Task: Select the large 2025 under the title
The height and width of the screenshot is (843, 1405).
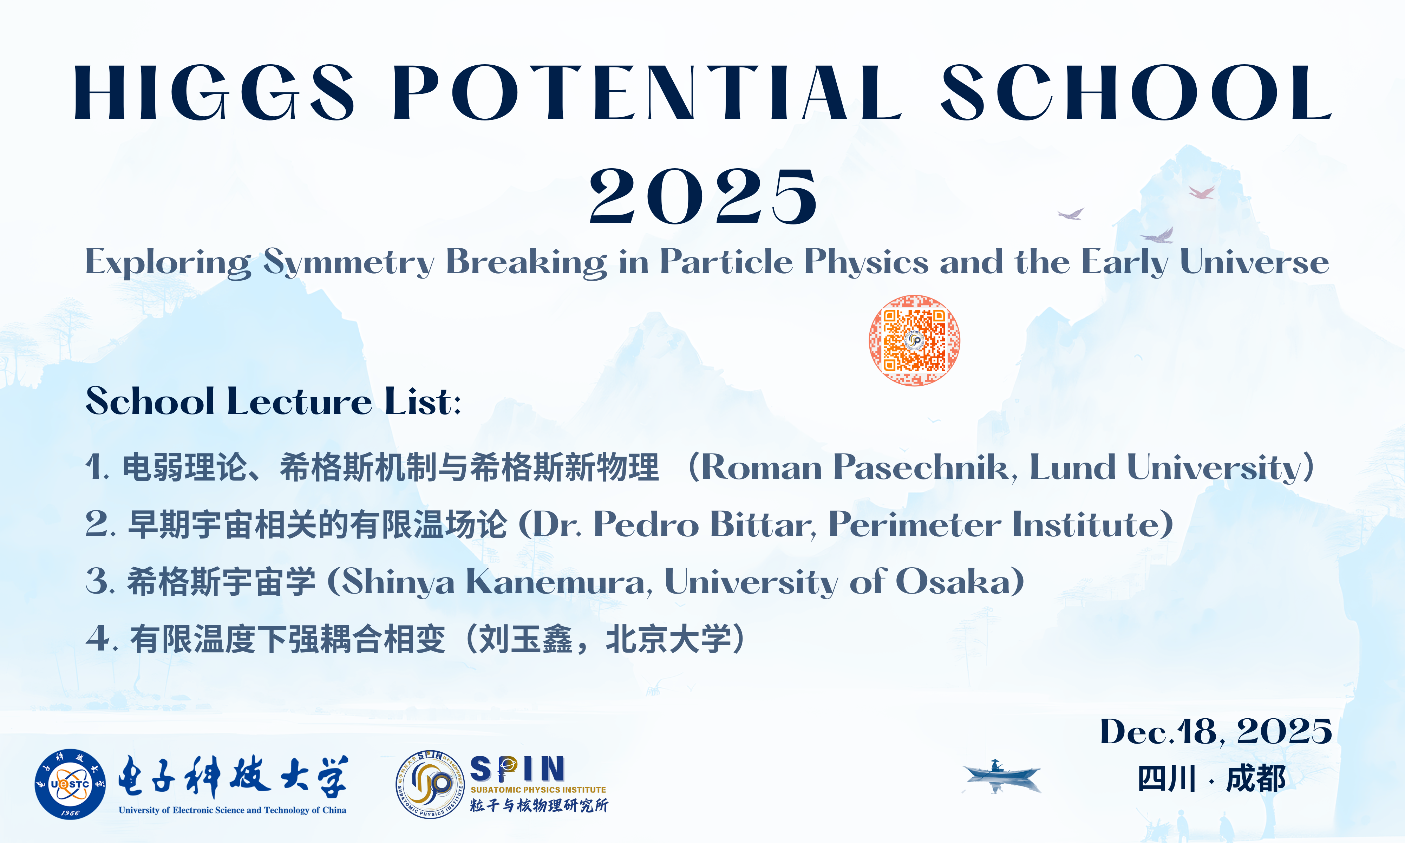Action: (703, 196)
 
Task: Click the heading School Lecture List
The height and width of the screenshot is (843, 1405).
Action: (273, 401)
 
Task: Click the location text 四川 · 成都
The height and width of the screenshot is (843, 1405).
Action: (1211, 778)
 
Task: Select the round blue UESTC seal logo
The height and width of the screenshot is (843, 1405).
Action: (70, 784)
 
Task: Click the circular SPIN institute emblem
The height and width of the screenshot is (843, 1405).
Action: (430, 784)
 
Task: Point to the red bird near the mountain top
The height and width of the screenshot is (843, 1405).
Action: (1202, 192)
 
